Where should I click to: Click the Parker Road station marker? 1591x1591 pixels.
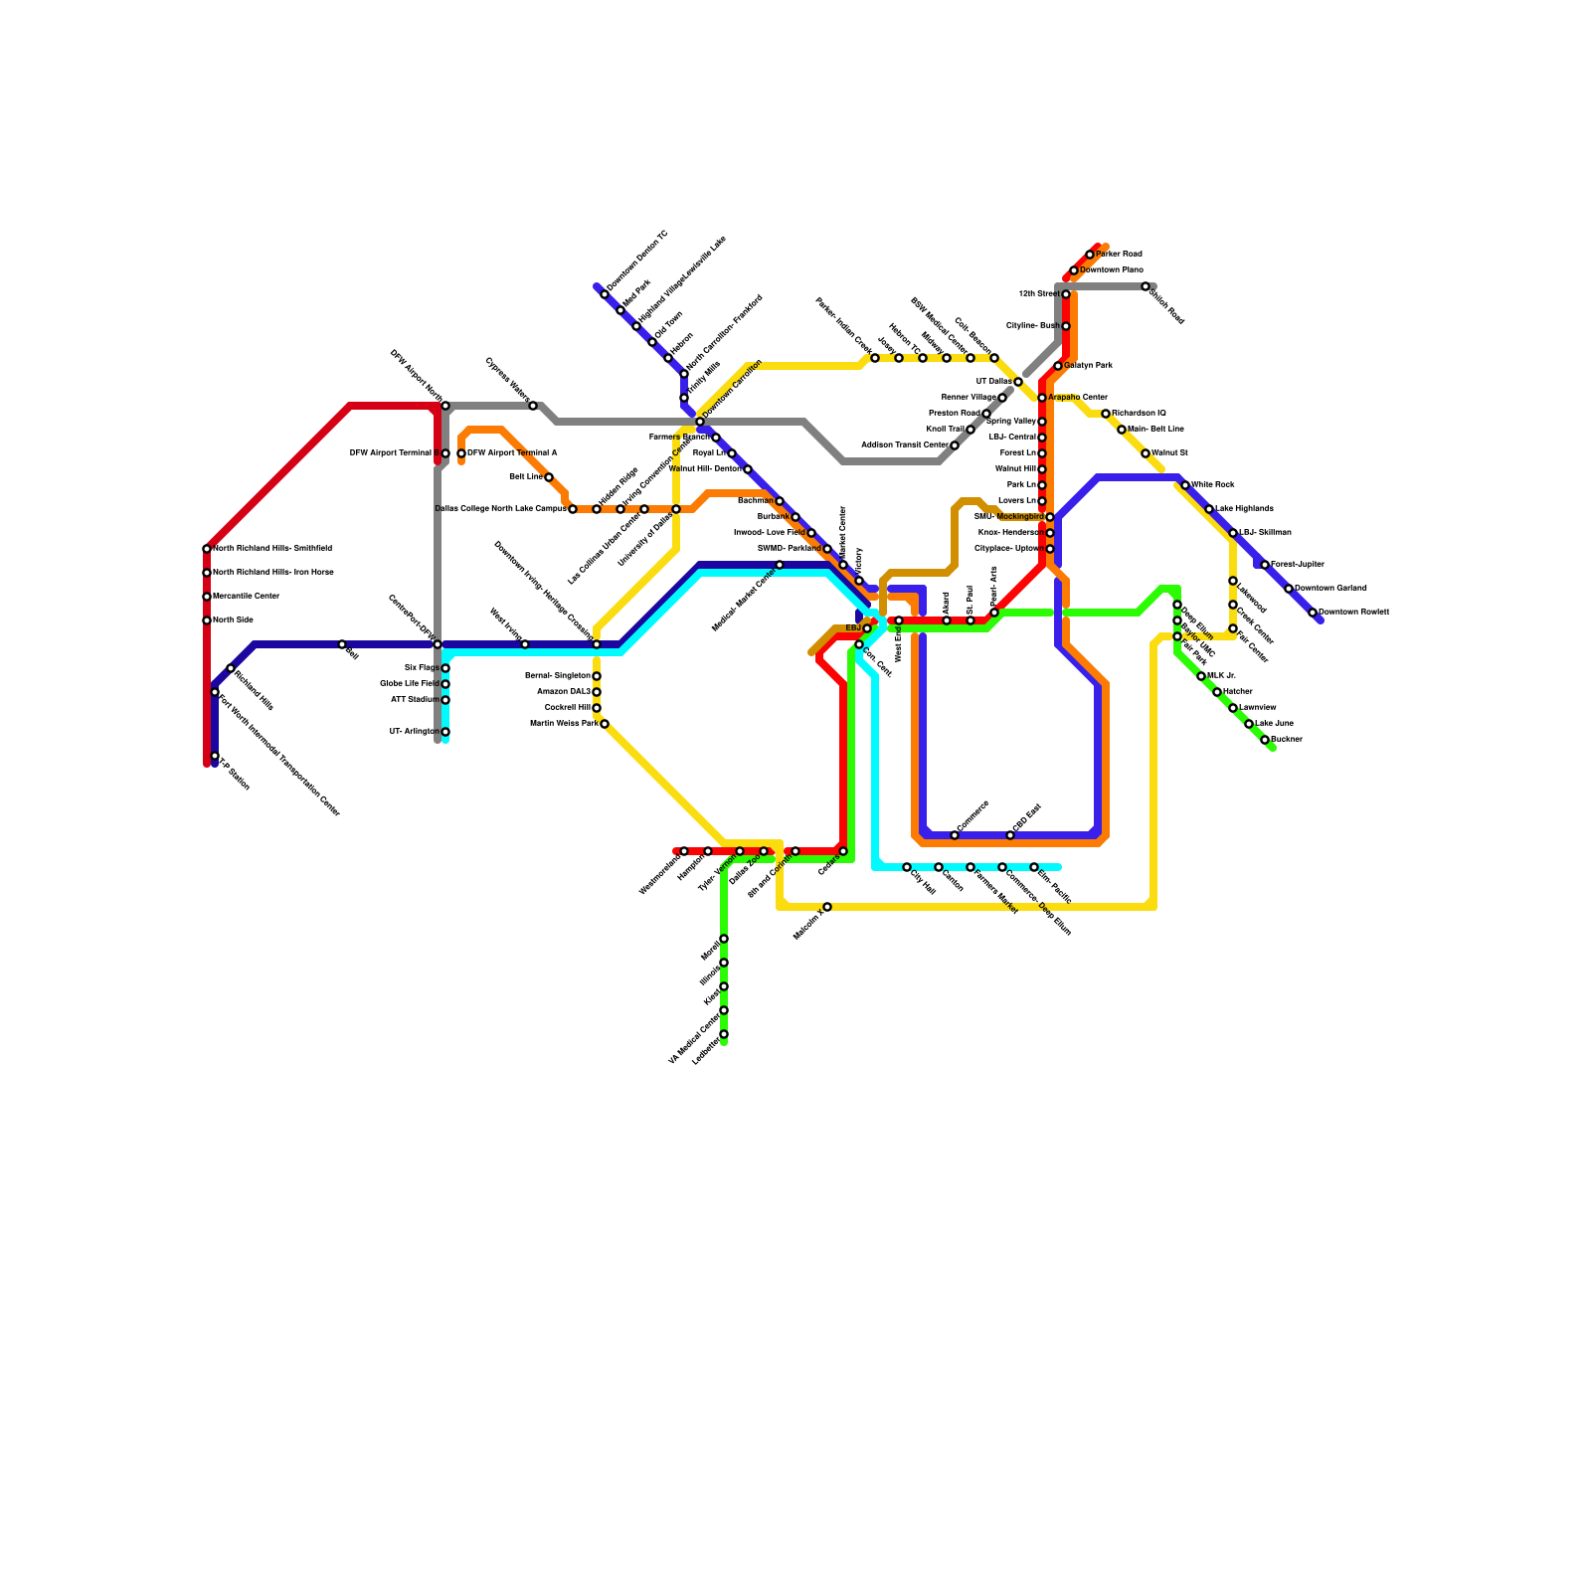pos(1090,255)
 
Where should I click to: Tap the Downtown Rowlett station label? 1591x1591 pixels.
pos(1353,612)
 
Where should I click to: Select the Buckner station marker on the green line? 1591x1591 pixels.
pos(1265,740)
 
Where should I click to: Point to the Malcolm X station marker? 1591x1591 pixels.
pos(827,907)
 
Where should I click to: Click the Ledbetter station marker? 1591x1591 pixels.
pos(724,1034)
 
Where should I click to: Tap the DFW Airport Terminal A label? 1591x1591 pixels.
pos(512,453)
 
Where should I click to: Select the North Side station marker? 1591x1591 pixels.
pos(207,620)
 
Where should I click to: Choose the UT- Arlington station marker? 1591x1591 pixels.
pos(445,732)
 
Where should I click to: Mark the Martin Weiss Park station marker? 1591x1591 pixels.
pos(605,724)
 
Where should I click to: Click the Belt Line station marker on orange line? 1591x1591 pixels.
pos(549,477)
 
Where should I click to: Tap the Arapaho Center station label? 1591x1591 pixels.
pos(1078,398)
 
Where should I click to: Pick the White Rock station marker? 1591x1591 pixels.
pos(1185,485)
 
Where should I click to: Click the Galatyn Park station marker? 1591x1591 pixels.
pos(1058,366)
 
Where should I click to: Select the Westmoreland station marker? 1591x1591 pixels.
pos(684,851)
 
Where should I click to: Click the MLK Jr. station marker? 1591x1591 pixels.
pos(1201,676)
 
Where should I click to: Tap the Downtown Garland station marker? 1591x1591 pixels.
pos(1289,589)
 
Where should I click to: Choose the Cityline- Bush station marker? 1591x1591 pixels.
pos(1066,326)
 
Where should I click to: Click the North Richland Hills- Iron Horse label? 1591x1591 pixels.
pos(273,573)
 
